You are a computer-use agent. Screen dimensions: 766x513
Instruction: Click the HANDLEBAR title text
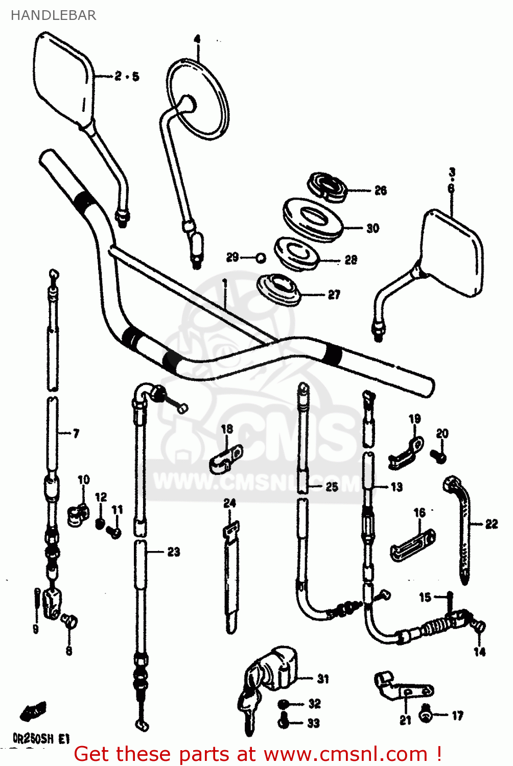pos(53,15)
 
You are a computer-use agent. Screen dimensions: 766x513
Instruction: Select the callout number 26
pos(381,190)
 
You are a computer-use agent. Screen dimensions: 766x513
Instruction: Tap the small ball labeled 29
pos(261,258)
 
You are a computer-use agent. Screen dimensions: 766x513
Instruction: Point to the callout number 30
pos(373,228)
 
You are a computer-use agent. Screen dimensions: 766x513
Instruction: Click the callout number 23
pos(174,552)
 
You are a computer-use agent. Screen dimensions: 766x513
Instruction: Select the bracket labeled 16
pos(413,545)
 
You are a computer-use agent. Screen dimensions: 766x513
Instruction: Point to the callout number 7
pos(76,434)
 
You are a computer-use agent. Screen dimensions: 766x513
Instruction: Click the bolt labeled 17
pos(425,715)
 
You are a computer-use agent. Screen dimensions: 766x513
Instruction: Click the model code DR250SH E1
pos(41,738)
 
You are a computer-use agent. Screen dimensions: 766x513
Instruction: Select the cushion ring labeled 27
pos(279,290)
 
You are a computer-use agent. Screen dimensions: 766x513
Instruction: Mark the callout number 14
pos(479,652)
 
